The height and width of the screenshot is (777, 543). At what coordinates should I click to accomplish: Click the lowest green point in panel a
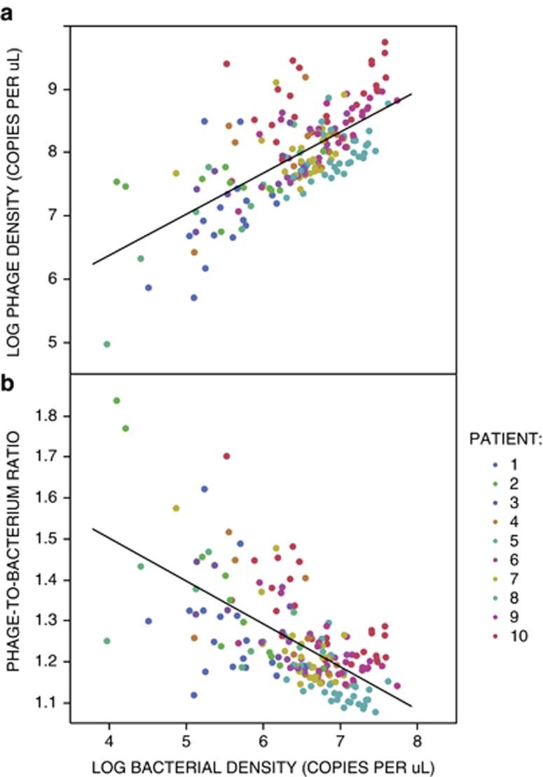click(107, 344)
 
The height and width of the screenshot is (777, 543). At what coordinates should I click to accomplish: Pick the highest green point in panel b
click(116, 401)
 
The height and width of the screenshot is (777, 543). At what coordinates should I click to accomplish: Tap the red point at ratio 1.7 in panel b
click(226, 456)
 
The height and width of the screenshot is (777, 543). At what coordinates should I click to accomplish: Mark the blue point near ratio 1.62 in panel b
click(205, 489)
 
